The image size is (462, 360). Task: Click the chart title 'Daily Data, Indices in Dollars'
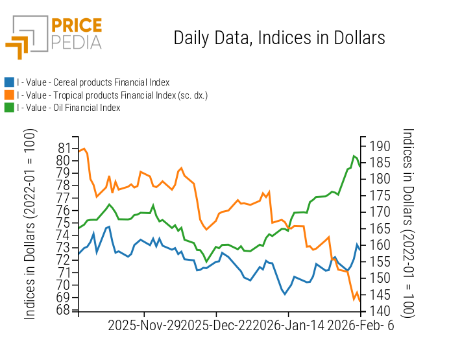click(x=279, y=38)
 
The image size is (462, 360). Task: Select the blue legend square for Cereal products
click(x=9, y=82)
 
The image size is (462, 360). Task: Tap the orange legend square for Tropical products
click(x=9, y=95)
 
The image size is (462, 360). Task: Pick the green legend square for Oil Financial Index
click(x=9, y=108)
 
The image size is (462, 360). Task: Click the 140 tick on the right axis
click(x=376, y=311)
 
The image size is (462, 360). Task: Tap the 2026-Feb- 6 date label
click(x=361, y=326)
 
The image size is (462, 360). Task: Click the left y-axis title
click(x=30, y=224)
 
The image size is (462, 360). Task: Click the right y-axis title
click(x=407, y=222)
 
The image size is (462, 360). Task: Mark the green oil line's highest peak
click(x=354, y=156)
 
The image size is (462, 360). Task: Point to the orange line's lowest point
click(x=354, y=300)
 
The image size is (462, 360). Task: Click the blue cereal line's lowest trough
click(x=285, y=294)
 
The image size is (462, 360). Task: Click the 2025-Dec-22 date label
click(x=215, y=326)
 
